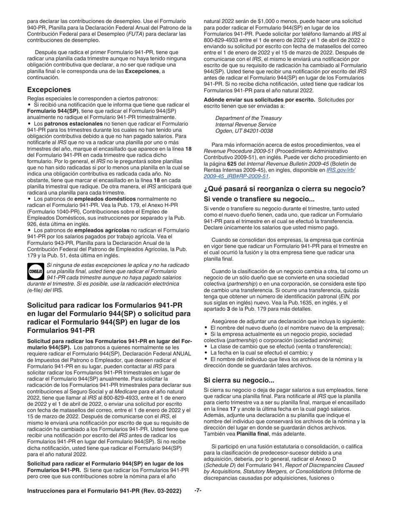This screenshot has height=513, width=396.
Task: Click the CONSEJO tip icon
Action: coord(35,271)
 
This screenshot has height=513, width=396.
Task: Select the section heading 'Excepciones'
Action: coord(49,90)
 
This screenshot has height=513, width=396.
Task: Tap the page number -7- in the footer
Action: coord(198,490)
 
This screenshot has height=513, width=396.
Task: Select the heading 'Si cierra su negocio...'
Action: coord(239,380)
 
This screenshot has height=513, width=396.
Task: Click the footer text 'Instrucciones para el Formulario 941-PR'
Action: coord(104,491)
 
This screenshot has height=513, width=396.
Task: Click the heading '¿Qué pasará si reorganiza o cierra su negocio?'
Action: coord(284,189)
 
